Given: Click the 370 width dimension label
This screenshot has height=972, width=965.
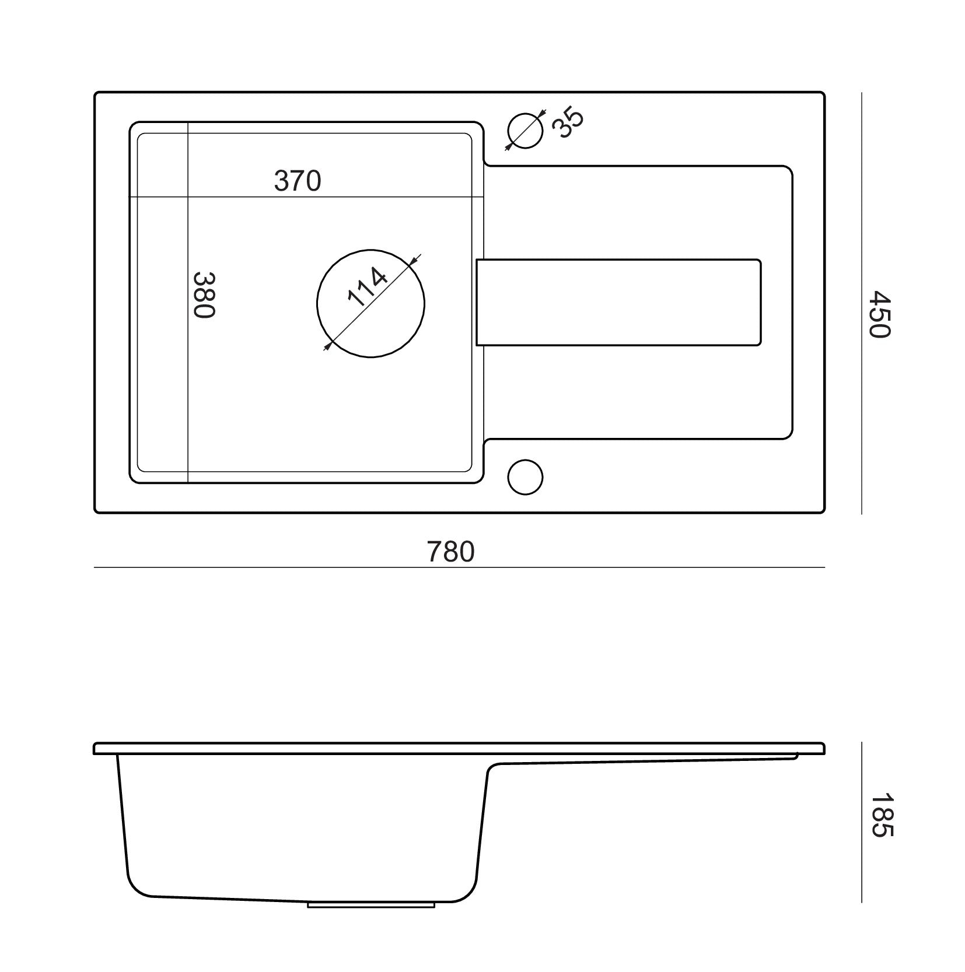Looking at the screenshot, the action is (x=298, y=181).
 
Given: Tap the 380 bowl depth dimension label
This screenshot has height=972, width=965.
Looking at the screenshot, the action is (x=204, y=294).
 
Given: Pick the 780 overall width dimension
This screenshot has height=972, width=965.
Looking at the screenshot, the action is (x=451, y=552).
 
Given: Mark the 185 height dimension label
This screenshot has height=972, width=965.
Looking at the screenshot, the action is (x=879, y=815).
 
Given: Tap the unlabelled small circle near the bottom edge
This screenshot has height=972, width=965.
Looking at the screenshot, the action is (x=525, y=477).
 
